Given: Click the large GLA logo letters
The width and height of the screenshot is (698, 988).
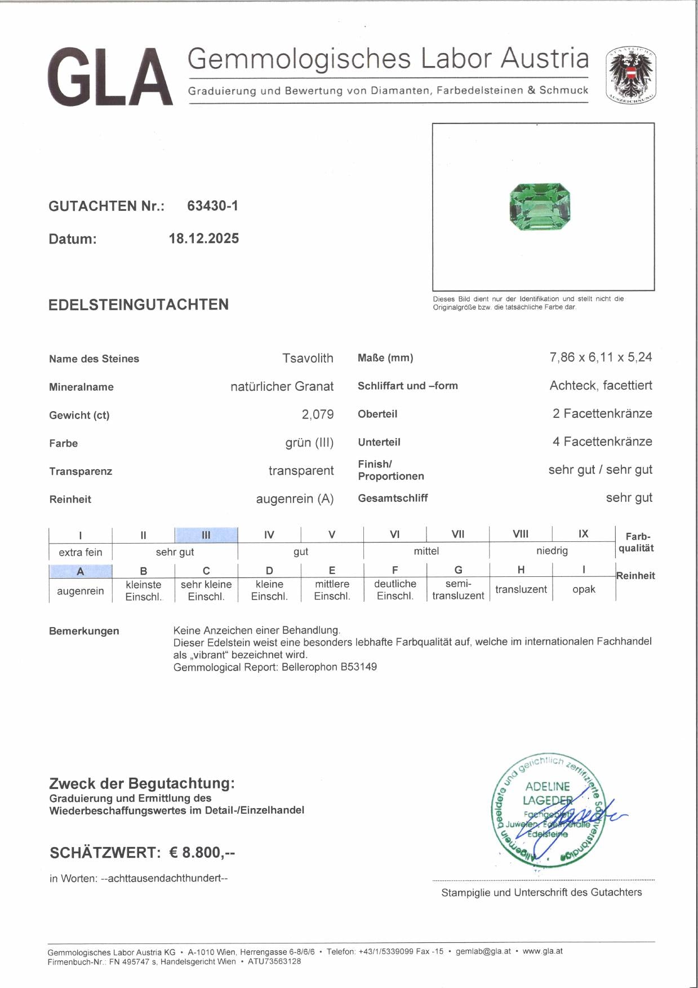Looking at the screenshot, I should tap(110, 77).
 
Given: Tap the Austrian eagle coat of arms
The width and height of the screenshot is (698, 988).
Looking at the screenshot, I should tap(630, 75).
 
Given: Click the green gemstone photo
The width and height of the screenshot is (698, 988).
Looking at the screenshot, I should tap(536, 207).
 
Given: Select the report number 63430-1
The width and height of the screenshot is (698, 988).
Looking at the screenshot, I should tap(212, 206).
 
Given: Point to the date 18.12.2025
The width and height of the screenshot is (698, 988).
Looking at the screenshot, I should tap(204, 239).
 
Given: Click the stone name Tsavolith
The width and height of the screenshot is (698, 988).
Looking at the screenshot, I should tap(308, 358).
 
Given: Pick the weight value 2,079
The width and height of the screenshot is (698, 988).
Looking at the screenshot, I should tap(317, 414).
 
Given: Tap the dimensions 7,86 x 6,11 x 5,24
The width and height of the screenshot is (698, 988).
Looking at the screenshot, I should tap(601, 357).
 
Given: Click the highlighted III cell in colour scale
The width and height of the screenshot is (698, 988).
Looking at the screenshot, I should tap(206, 535).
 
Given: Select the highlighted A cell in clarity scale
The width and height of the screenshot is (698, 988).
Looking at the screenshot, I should tap(81, 571).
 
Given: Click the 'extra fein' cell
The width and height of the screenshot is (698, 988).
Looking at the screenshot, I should tap(81, 552).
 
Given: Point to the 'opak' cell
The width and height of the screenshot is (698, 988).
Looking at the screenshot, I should tap(584, 589).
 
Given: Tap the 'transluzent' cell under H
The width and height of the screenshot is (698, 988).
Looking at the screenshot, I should tap(521, 589).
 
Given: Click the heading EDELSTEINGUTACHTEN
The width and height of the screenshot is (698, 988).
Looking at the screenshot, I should tap(139, 305).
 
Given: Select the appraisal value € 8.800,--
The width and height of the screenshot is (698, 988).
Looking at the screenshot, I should tap(202, 852).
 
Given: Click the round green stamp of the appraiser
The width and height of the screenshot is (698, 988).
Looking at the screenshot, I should tap(547, 808).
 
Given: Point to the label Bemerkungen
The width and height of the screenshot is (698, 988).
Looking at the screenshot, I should tap(84, 631).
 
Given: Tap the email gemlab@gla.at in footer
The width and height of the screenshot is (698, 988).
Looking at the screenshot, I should tap(483, 951).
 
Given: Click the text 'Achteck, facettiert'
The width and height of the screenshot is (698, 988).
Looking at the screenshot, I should tap(601, 386).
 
